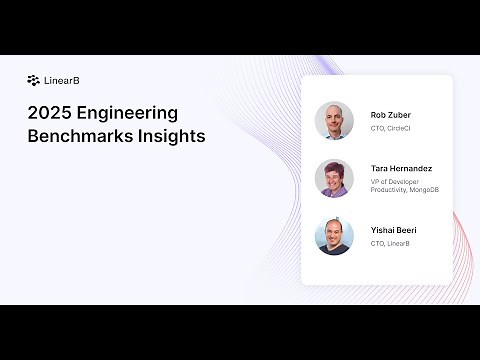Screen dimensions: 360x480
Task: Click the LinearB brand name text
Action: (56, 80)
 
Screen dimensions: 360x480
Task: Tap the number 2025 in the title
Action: (50, 113)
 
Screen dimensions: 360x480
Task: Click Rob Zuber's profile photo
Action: (334, 120)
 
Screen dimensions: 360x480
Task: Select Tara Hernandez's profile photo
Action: (334, 178)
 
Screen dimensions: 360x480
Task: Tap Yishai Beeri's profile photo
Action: (334, 236)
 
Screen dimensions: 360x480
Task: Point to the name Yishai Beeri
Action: (393, 230)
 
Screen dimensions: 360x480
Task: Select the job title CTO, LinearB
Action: (390, 243)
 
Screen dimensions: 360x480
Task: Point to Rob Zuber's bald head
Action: (334, 108)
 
